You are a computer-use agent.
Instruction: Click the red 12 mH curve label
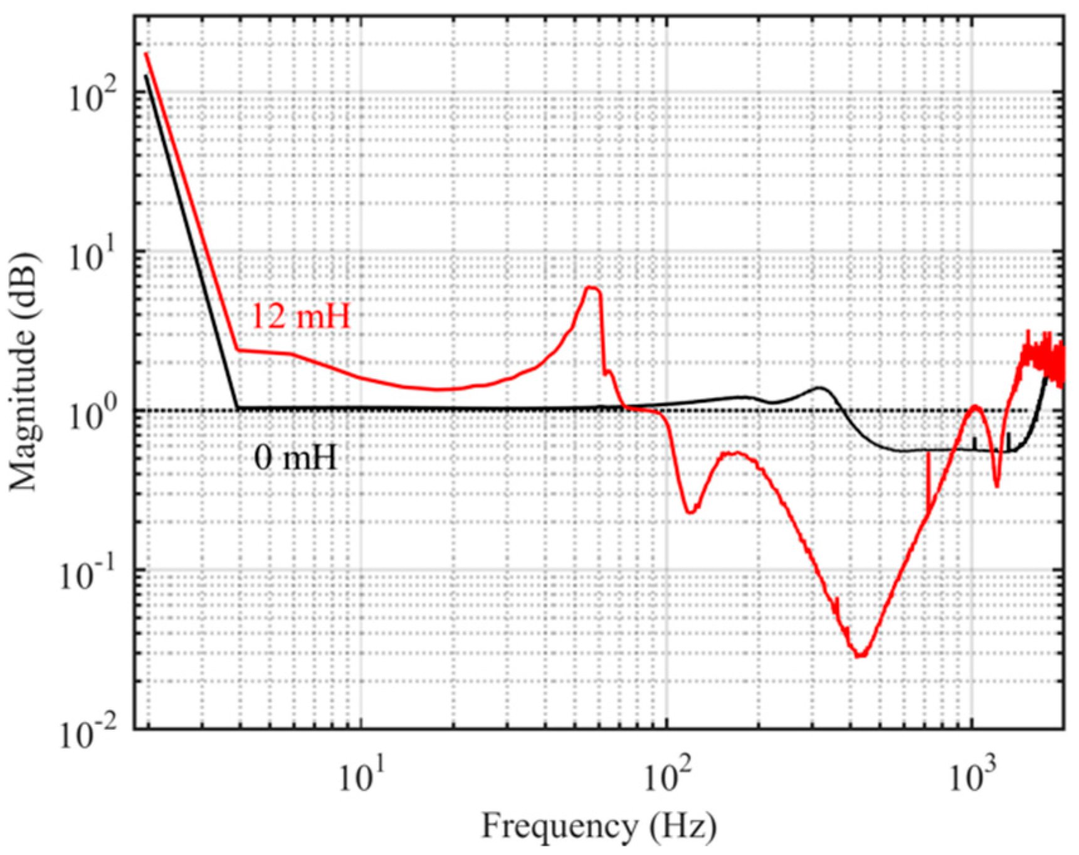tap(300, 317)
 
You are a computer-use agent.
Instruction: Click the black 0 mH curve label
tap(295, 459)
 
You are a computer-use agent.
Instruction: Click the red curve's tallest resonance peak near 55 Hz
tap(591, 288)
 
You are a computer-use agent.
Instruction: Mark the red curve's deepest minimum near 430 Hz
tap(861, 656)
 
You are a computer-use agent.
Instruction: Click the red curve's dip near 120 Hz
tap(690, 512)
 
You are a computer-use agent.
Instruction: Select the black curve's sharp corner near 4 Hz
tap(238, 409)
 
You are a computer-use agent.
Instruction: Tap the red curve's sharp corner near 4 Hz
tap(238, 350)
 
